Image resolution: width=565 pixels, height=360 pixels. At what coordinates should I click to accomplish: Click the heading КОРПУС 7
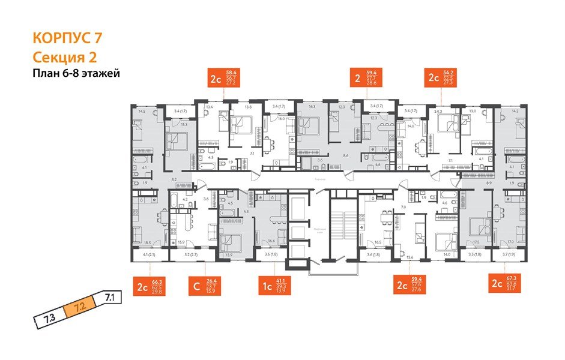coord(67,38)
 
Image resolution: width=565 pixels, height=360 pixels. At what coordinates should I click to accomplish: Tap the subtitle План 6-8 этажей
coord(76,74)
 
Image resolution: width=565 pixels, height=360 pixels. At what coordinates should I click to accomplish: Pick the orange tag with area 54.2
coord(441,79)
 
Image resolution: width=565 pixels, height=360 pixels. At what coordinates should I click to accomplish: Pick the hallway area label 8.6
coord(346,155)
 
